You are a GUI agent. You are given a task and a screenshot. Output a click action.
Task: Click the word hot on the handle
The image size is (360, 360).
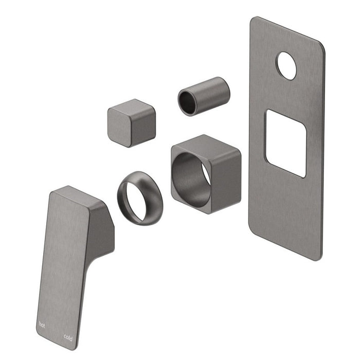pos(42,325)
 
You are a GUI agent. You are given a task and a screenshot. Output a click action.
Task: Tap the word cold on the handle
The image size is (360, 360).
pos(68,338)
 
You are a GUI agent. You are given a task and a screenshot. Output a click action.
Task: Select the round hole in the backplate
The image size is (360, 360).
pos(286,66)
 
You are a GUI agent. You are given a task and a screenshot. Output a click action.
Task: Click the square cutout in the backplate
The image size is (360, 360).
pos(286,143)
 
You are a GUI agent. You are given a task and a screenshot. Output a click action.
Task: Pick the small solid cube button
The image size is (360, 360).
pos(132,123)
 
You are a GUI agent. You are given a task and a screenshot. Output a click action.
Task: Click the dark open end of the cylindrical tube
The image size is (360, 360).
pos(188,102)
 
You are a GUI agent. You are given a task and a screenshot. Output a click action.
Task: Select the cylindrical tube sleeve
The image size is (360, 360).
pos(204,96)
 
